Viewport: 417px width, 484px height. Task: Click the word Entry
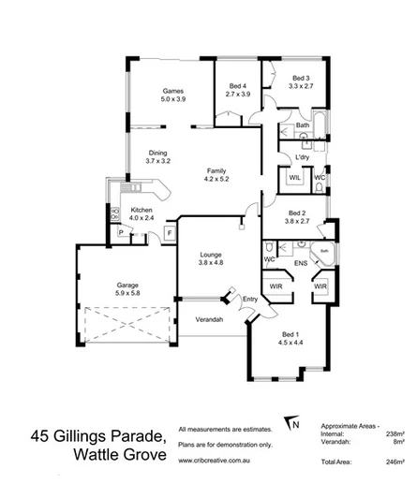coord(249,299)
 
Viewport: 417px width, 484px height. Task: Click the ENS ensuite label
coord(302,264)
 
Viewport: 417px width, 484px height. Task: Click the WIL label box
coord(293,177)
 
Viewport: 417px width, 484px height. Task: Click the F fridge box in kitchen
coord(171,231)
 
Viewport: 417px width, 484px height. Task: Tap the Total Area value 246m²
coord(395,462)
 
